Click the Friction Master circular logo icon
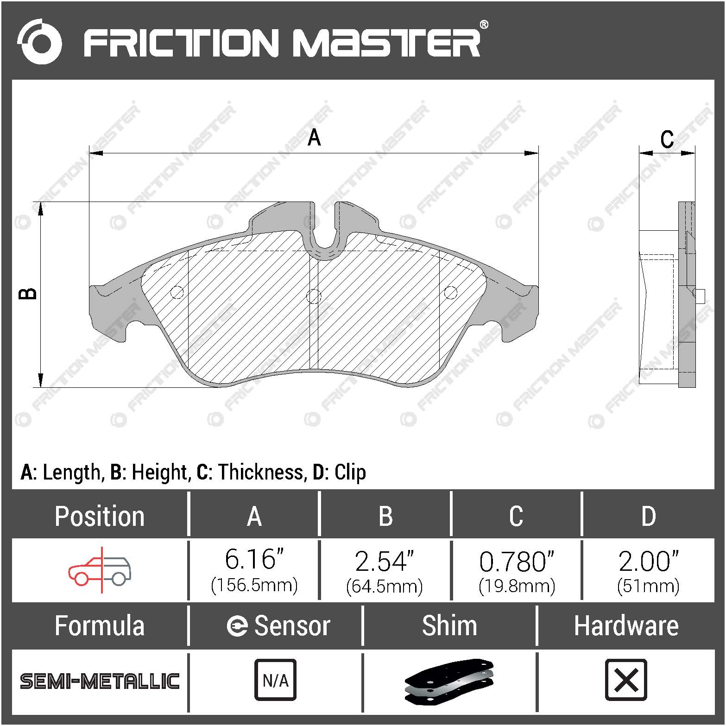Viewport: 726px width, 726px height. click(39, 42)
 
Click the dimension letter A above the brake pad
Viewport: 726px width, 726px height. click(314, 138)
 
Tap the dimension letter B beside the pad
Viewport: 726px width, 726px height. click(28, 294)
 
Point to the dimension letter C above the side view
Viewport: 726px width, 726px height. click(667, 139)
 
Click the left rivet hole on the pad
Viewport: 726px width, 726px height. click(177, 292)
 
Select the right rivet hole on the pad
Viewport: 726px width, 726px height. click(450, 292)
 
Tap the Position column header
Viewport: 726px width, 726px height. click(100, 516)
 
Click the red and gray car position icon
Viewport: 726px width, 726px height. click(100, 569)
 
